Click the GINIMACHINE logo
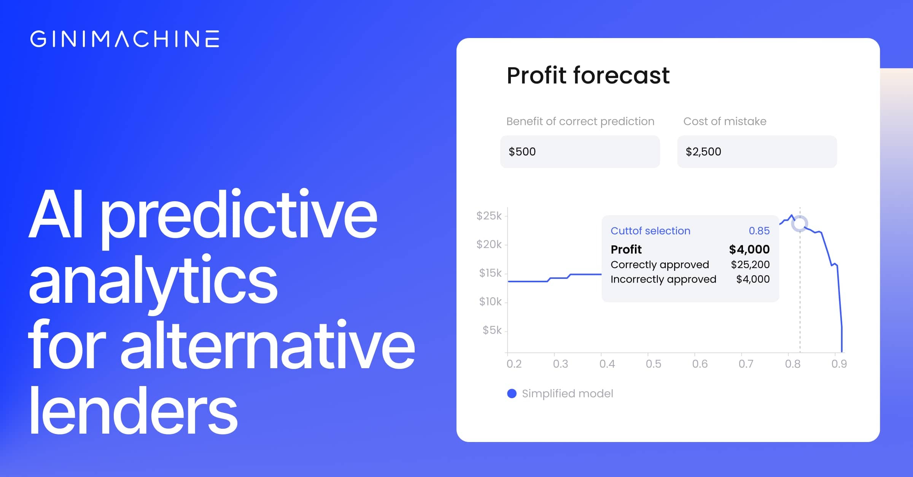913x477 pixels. coord(125,39)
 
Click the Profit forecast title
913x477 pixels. coord(588,75)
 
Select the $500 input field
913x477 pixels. coord(580,151)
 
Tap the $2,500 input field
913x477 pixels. coord(757,151)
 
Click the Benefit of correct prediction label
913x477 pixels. coord(580,121)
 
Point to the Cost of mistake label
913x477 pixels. coord(725,121)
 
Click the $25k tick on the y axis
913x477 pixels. coord(489,216)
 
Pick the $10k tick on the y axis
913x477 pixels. coord(490,302)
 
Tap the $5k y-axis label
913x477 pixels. coord(492,330)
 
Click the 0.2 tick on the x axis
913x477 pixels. coord(514,364)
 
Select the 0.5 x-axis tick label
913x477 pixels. coord(653,364)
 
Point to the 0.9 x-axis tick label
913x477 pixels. coord(839,364)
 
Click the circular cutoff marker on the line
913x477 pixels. coord(800,224)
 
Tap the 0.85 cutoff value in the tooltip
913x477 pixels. coord(759,231)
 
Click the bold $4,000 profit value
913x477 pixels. coord(749,250)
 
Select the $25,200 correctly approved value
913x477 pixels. coord(750,264)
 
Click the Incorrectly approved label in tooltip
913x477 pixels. coord(663,279)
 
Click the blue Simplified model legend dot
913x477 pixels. coord(512,394)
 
